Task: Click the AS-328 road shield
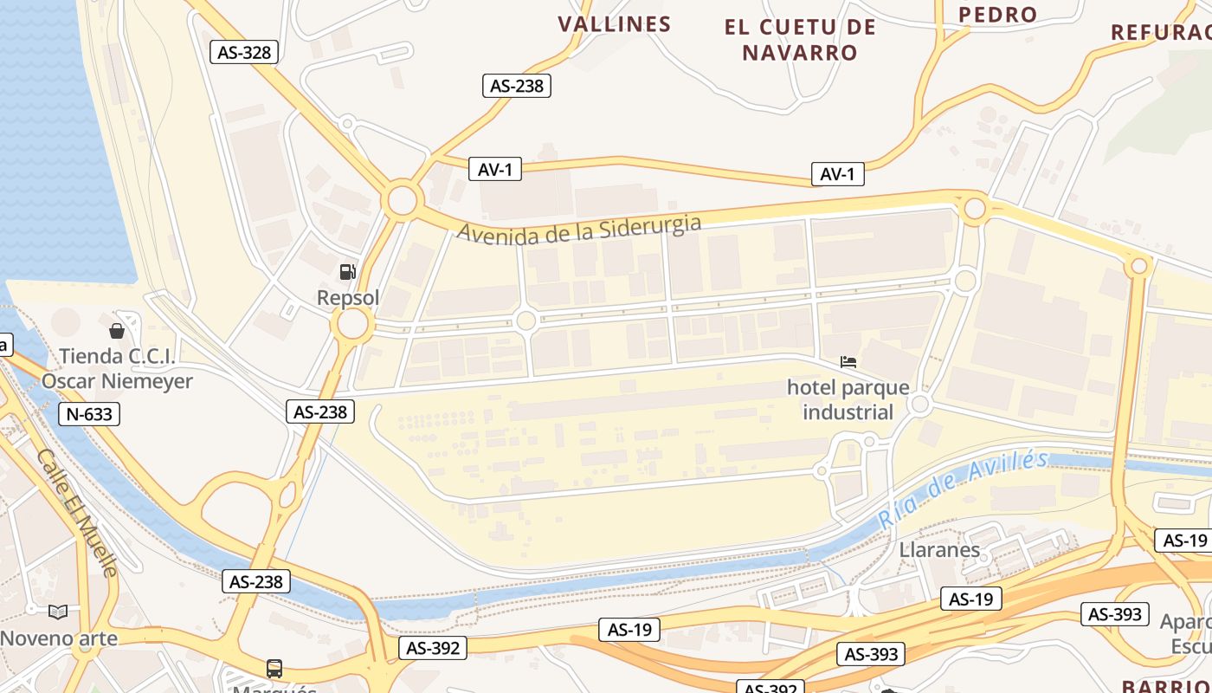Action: pos(244,52)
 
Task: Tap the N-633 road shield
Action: pos(89,414)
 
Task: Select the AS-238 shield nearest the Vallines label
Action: pos(517,86)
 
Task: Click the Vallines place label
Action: pos(615,24)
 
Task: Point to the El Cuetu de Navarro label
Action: pos(800,40)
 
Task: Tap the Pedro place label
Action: pos(998,14)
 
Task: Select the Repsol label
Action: pos(348,298)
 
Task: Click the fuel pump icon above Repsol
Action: pos(347,272)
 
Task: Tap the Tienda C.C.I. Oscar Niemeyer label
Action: pos(117,369)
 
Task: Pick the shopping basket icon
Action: pos(117,331)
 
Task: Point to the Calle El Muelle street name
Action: pos(77,513)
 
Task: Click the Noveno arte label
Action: pos(59,638)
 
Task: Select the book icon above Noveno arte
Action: pos(58,612)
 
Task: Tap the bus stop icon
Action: pos(274,669)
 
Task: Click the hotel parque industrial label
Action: pos(848,399)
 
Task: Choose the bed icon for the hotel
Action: pos(848,362)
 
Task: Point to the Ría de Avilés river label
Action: pos(963,489)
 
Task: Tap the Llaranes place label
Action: pos(939,549)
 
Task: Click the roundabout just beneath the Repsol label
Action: pos(352,326)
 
